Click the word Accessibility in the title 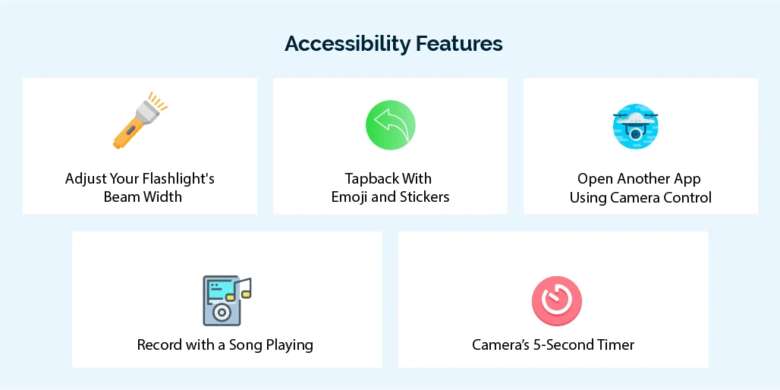click(348, 44)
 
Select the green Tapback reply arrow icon click(390, 124)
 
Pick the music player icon click(222, 300)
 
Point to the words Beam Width click(143, 197)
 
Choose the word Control click(685, 197)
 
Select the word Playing click(289, 345)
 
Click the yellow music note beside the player click(242, 289)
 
